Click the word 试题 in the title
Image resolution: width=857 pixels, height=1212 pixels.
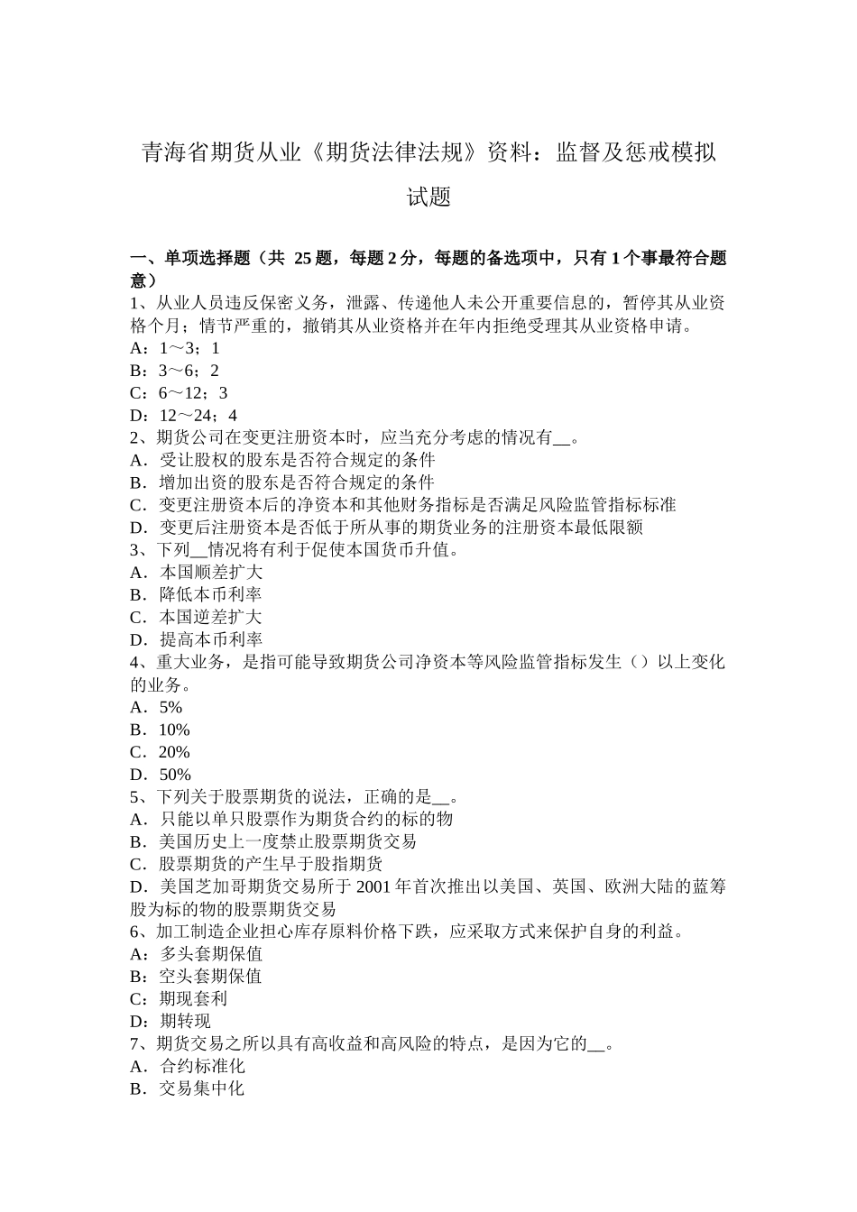coord(428,197)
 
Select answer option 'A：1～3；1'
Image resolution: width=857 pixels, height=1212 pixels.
coord(175,348)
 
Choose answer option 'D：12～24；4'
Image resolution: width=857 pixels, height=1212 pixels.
coord(184,416)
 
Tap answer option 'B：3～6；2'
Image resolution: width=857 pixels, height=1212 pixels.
coord(175,371)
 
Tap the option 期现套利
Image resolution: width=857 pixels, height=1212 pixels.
coord(193,999)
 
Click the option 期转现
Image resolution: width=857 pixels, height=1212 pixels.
coord(185,1022)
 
